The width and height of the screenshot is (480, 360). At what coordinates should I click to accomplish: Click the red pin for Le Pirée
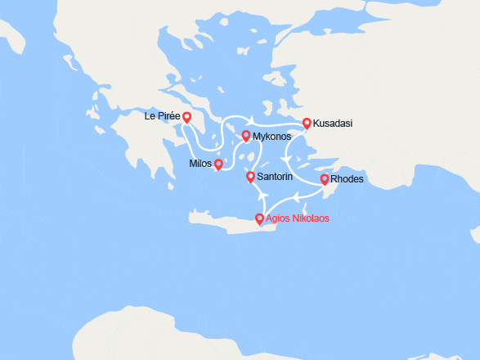point(187,118)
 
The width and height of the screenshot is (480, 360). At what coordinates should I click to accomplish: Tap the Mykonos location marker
point(246,134)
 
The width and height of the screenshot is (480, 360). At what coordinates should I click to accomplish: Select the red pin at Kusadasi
point(307,124)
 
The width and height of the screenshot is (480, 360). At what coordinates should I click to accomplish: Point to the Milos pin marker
point(218,164)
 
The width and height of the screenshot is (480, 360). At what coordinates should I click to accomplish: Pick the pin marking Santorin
point(250,176)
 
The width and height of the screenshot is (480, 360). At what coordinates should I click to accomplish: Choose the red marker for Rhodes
point(325,179)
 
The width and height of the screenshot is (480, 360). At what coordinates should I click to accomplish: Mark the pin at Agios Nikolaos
point(259,218)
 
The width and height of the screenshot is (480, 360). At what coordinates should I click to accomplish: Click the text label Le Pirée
point(161,116)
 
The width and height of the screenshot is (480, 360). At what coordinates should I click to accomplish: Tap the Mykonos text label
point(271,136)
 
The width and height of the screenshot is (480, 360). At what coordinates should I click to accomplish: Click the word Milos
point(200,164)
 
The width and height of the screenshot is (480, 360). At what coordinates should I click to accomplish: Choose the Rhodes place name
point(347,179)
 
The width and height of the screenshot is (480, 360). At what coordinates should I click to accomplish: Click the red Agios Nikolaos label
point(298,218)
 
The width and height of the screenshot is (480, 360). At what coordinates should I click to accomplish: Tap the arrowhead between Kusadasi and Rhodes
point(284,157)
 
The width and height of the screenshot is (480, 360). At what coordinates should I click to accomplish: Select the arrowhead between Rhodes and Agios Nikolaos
point(299,196)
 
